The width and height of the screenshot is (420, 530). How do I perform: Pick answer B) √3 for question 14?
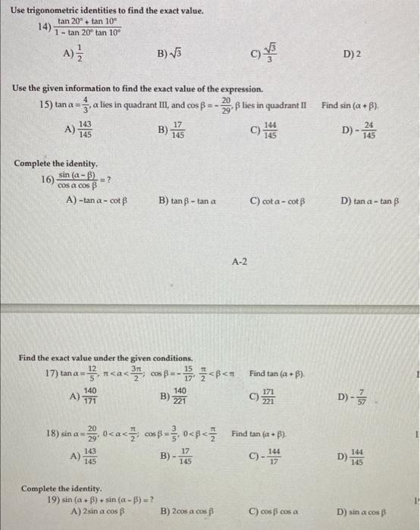(x=171, y=55)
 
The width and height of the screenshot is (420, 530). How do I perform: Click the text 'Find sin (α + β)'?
(x=350, y=104)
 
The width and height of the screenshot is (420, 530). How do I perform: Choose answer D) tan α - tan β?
(x=369, y=200)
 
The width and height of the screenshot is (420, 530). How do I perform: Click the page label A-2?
(x=239, y=262)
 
